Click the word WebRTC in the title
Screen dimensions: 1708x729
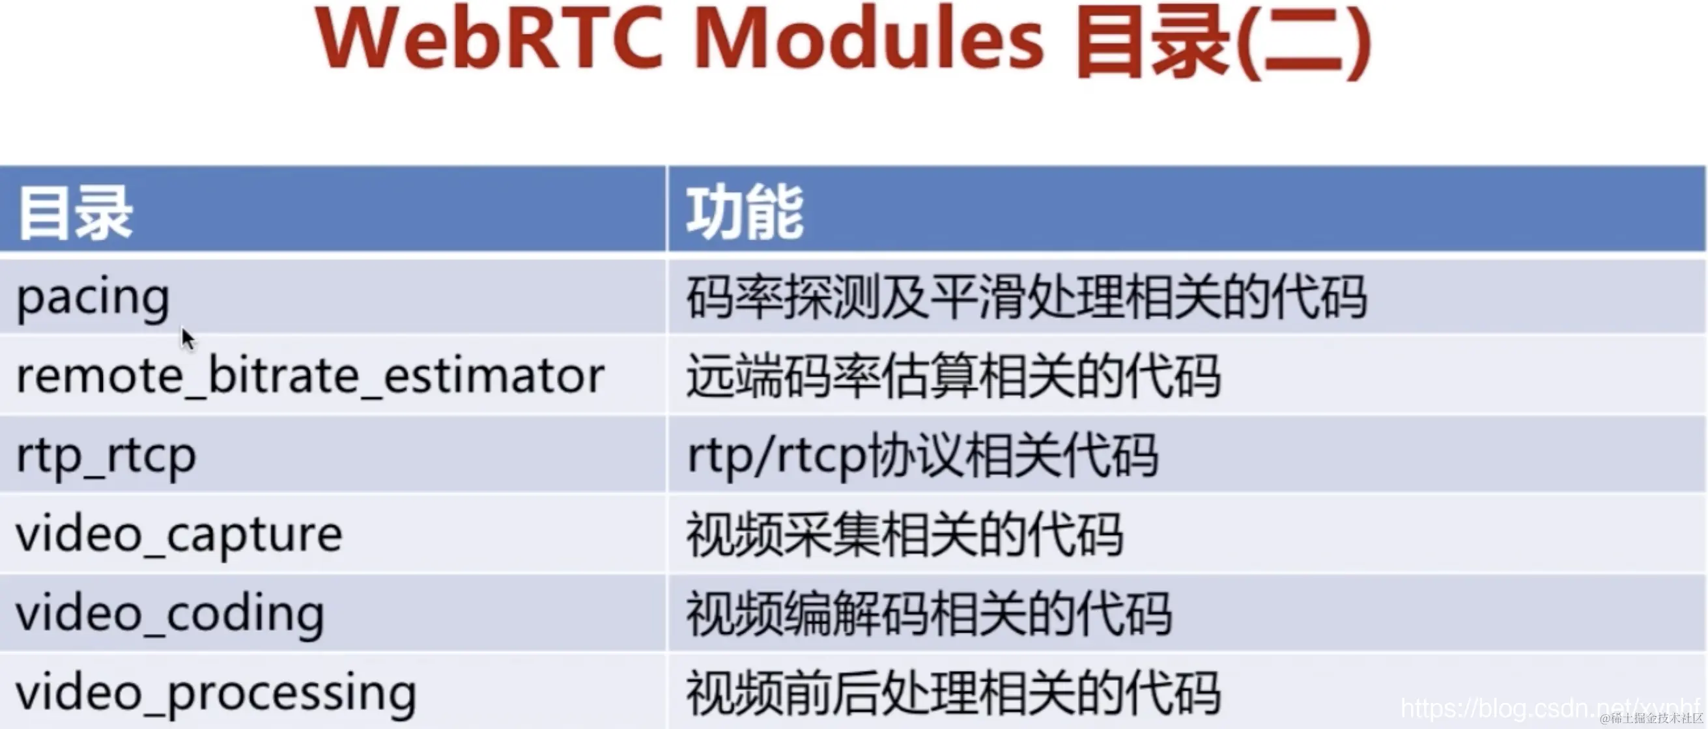coord(490,38)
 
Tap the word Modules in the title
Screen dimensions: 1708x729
coord(868,38)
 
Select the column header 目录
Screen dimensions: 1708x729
coord(75,213)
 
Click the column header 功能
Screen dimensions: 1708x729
coord(745,213)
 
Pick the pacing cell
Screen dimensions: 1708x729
coord(93,299)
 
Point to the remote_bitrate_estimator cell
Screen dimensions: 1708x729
coord(310,376)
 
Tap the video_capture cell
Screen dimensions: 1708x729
coord(179,535)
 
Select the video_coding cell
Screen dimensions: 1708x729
coord(170,614)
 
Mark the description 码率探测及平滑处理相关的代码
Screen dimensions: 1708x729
coord(1027,297)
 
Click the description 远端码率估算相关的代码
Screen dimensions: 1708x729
coord(954,376)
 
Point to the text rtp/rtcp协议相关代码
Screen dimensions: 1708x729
coord(923,455)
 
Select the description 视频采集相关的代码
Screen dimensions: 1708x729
coord(904,535)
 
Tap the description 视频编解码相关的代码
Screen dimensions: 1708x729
coord(929,614)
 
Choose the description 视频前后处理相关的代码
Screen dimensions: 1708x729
coord(954,693)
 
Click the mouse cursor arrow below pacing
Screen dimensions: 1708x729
coord(188,338)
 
